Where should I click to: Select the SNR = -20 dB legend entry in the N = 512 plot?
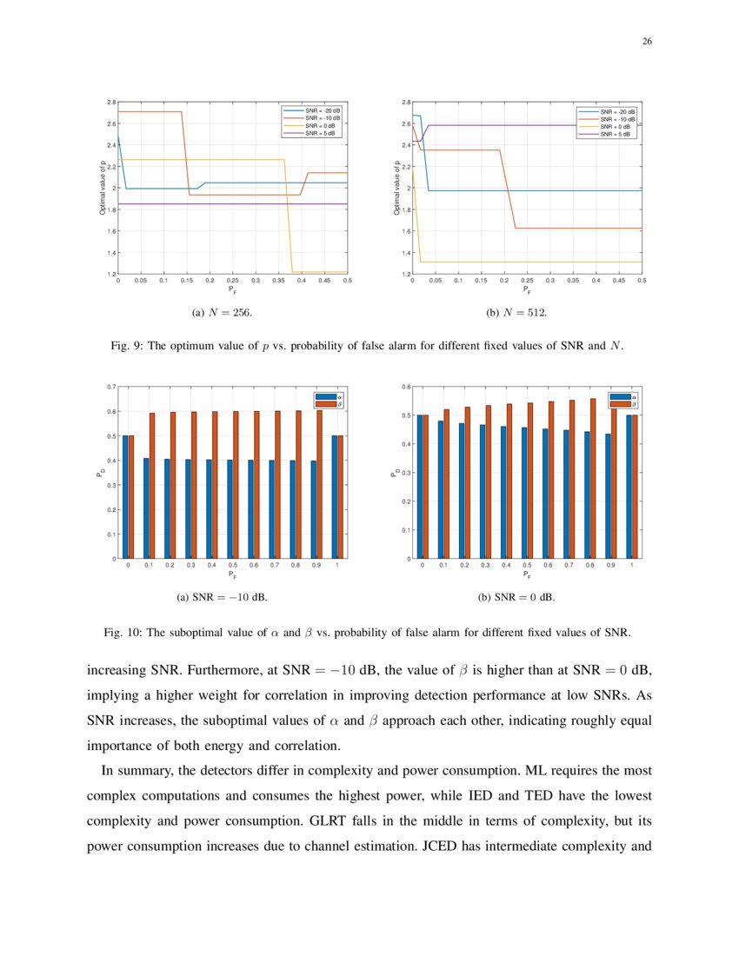617,112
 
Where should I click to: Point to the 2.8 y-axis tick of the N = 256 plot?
111,103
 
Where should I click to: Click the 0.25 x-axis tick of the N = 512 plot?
527,281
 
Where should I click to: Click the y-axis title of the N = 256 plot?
102,188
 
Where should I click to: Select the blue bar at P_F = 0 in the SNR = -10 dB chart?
125,496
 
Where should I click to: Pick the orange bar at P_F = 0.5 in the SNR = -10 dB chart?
236,484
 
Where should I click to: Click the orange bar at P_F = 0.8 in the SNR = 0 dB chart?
592,478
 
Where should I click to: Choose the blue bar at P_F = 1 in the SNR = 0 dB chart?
629,487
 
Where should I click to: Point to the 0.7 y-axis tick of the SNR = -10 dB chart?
110,387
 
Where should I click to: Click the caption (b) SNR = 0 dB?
516,598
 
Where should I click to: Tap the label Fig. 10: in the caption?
122,633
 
